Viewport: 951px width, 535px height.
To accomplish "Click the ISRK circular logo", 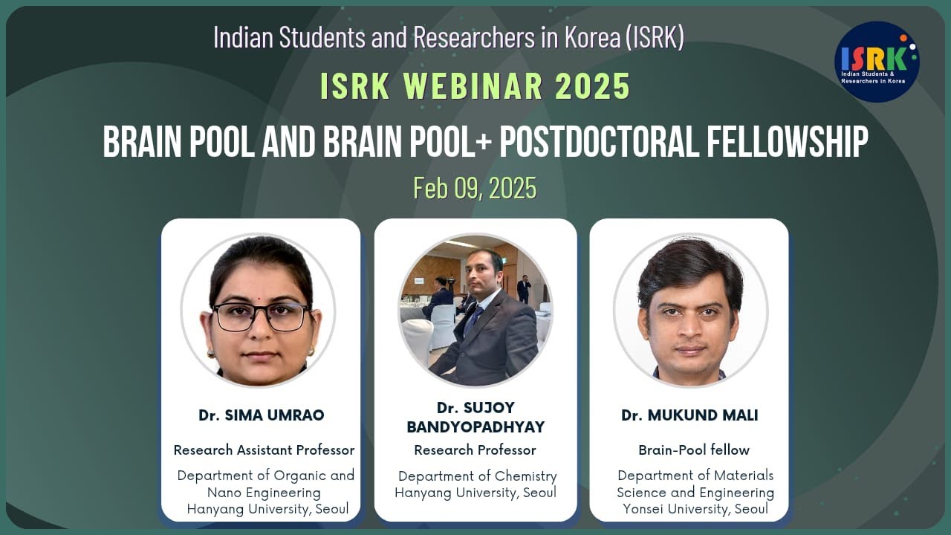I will click(x=877, y=62).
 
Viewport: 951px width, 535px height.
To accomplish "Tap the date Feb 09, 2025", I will click(x=475, y=188).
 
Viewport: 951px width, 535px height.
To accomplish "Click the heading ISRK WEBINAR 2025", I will click(x=475, y=87).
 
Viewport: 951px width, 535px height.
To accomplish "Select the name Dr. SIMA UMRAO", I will click(x=261, y=415).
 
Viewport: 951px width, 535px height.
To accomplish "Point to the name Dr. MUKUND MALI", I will click(x=689, y=415).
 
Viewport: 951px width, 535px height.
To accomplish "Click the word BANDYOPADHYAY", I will click(x=475, y=427).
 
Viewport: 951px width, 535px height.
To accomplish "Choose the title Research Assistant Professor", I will click(x=264, y=450).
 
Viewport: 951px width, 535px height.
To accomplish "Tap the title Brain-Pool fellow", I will click(x=694, y=450).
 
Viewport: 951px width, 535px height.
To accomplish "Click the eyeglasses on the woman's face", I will click(x=260, y=317).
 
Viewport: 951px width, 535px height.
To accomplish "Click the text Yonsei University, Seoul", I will click(x=695, y=509).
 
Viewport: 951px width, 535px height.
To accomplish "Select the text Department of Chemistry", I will click(x=477, y=476).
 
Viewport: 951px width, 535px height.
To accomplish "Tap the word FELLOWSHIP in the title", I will click(x=784, y=143).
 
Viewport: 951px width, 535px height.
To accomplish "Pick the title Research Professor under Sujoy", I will click(x=475, y=450).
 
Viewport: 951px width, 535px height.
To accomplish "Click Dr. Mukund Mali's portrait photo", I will click(x=690, y=310).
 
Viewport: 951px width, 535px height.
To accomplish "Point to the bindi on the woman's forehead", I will click(x=262, y=285).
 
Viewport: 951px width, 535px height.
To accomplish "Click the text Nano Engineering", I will click(x=264, y=492).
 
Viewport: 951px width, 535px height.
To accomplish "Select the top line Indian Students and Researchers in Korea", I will click(x=448, y=37).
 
